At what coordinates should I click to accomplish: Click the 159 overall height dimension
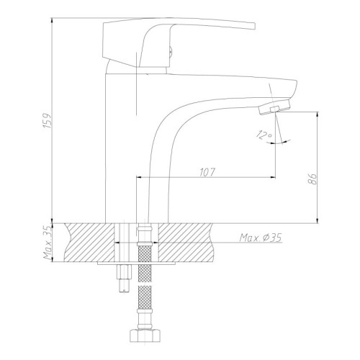[x=48, y=120]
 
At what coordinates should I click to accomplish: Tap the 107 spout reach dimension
[x=207, y=172]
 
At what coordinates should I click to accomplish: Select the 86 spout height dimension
[x=312, y=179]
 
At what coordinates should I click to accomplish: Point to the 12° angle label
[x=264, y=135]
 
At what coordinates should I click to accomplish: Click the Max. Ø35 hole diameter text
[x=261, y=238]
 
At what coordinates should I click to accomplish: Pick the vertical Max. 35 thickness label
[x=48, y=243]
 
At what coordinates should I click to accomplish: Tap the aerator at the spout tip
[x=274, y=107]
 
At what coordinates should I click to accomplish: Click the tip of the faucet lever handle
[x=254, y=26]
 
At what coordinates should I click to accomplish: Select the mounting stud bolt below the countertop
[x=125, y=279]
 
